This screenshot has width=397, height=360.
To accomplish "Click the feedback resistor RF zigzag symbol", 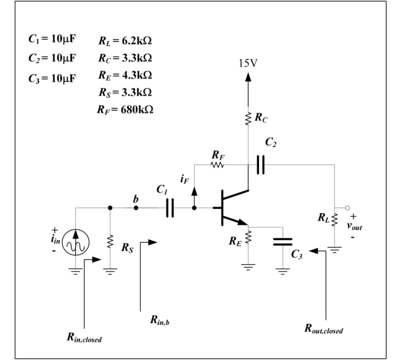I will pyautogui.click(x=217, y=165).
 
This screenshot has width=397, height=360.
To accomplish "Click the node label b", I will pyautogui.click(x=136, y=198).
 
